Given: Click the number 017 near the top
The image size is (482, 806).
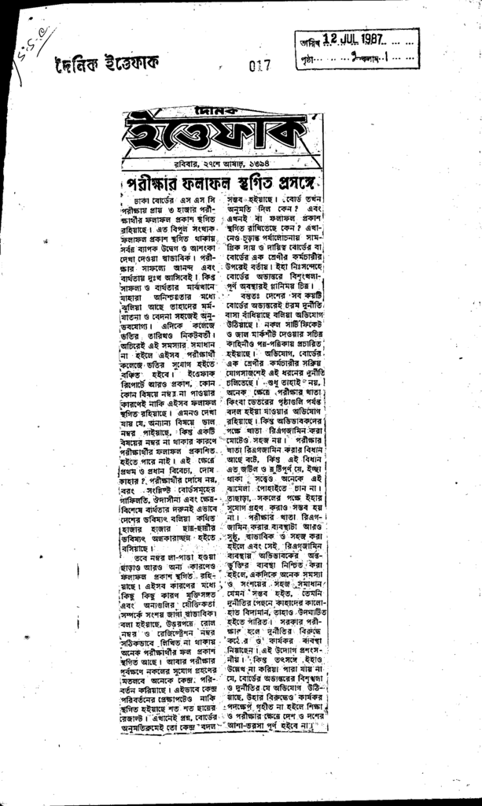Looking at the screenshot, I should pyautogui.click(x=259, y=66).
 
